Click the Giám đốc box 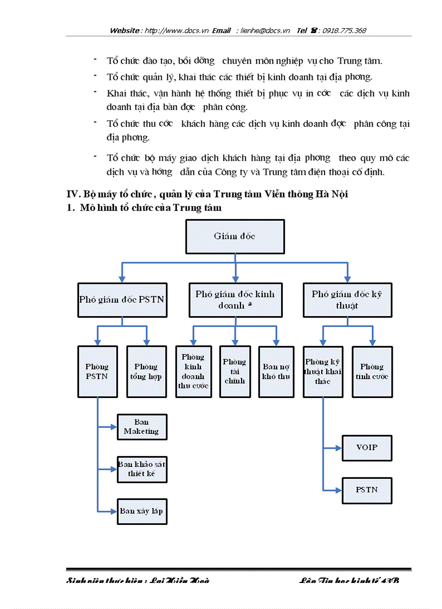tap(235, 236)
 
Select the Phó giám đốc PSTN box tap(122, 299)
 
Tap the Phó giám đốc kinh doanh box tap(235, 300)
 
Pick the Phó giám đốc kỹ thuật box tap(347, 300)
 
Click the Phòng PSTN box tap(97, 371)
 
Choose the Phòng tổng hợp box tap(147, 371)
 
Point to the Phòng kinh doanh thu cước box tap(193, 371)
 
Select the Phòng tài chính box tap(235, 371)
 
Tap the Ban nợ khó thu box tap(276, 371)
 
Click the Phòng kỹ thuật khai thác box tap(323, 371)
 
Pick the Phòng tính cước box tap(372, 371)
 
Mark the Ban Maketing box tap(142, 427)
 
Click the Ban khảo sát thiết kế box tap(142, 469)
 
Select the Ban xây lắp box tap(142, 511)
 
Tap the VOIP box tap(367, 448)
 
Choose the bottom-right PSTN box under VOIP tap(367, 490)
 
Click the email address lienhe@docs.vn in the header tap(265, 31)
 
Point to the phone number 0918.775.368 tap(344, 31)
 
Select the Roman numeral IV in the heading tap(73, 195)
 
